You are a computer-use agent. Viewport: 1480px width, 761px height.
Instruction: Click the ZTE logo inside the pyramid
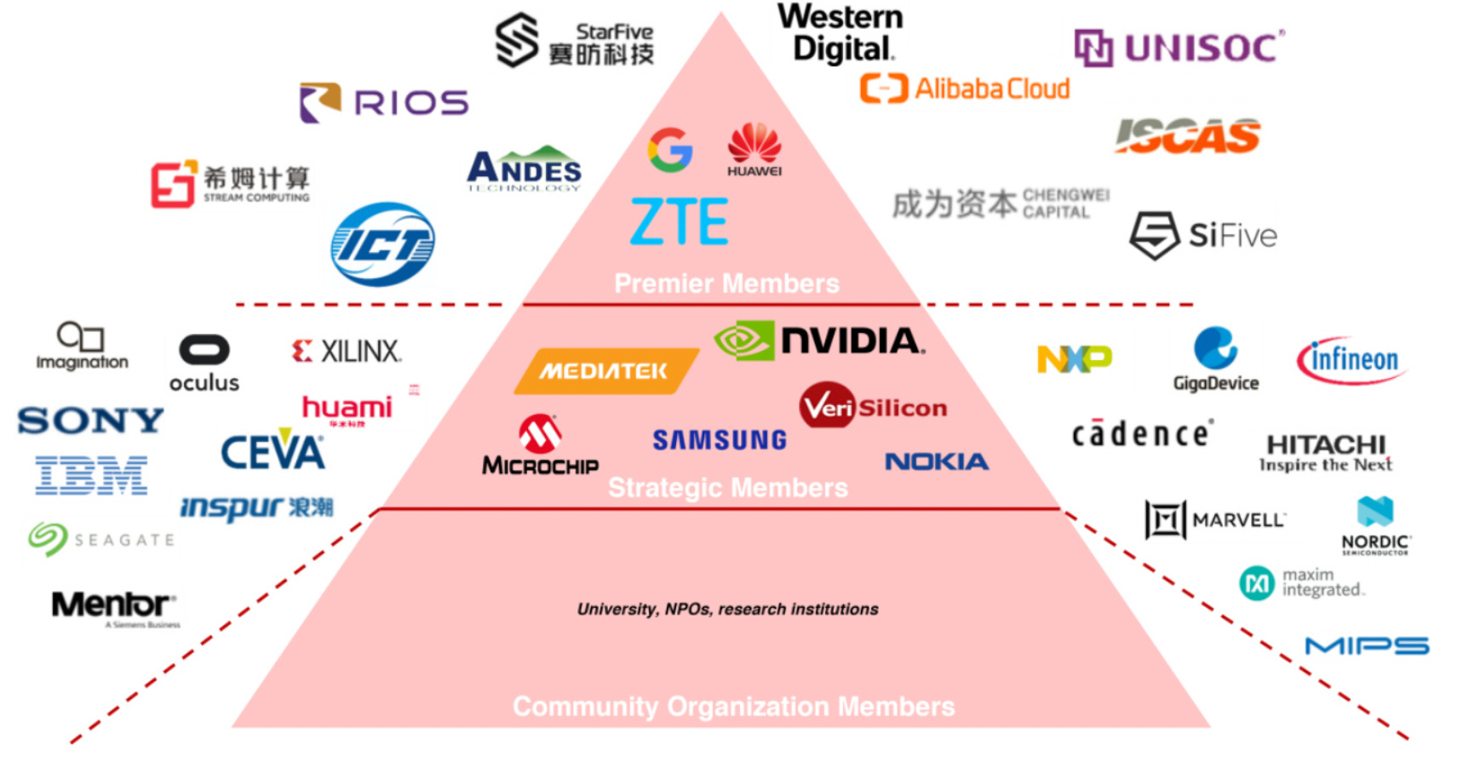tap(679, 221)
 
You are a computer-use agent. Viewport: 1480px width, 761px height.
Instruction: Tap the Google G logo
tap(670, 150)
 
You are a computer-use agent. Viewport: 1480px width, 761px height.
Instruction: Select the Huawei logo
tap(754, 149)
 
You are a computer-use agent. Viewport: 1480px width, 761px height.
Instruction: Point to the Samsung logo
tap(720, 440)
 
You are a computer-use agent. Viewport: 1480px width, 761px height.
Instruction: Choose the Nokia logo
tap(937, 461)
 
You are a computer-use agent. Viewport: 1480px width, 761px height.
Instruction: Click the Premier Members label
tap(726, 283)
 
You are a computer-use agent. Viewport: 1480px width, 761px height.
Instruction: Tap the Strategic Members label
tap(727, 488)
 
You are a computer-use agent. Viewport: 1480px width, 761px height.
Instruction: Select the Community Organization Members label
tap(733, 707)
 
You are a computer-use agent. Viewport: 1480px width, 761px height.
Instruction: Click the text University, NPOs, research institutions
tap(727, 609)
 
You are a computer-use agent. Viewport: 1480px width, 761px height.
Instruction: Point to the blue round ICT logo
tap(382, 244)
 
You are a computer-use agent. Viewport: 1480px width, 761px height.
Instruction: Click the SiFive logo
tap(1202, 235)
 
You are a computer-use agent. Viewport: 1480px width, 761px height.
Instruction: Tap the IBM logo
tap(91, 475)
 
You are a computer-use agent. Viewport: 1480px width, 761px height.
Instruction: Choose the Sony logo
tap(90, 421)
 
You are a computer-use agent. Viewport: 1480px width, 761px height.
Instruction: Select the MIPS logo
tap(1367, 646)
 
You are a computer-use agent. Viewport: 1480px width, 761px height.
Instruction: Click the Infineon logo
tap(1351, 360)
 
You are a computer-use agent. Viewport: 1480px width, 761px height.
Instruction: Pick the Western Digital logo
tap(840, 33)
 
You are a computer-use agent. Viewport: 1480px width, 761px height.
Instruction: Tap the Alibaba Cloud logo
tap(965, 89)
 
